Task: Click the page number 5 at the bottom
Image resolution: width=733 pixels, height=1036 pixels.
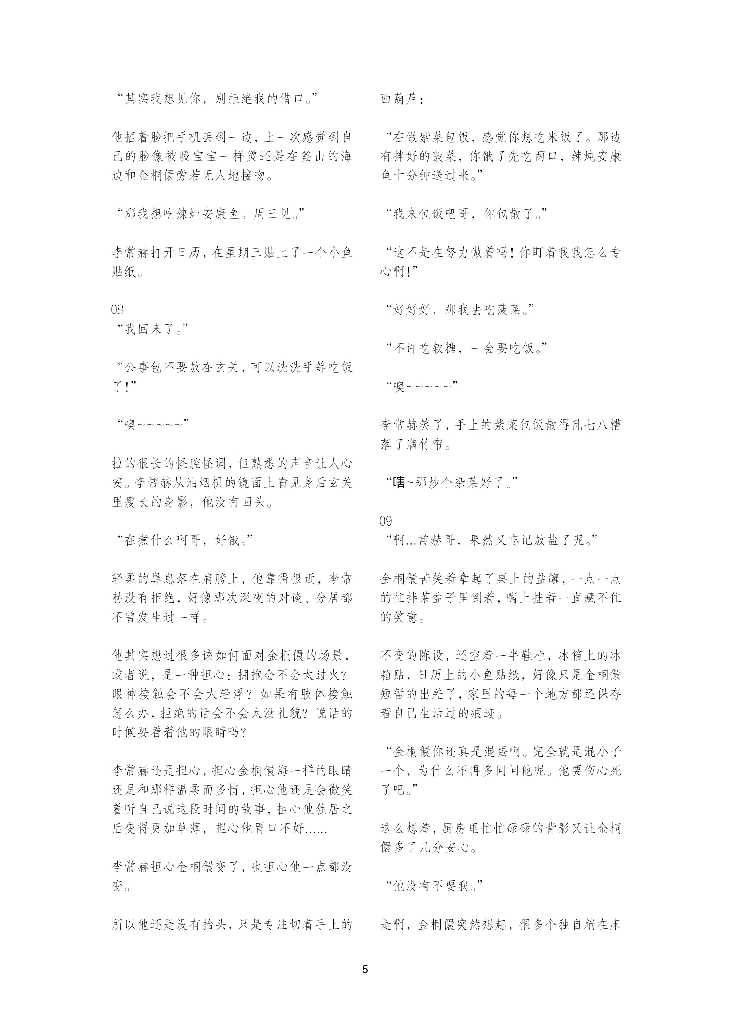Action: coord(365,968)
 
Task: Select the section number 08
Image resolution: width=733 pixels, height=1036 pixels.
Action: coord(118,309)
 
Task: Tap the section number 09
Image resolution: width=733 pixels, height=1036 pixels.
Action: coord(386,521)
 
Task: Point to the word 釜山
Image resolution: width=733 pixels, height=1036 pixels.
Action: coord(311,156)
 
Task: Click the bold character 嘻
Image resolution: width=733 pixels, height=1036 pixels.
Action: coord(399,483)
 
